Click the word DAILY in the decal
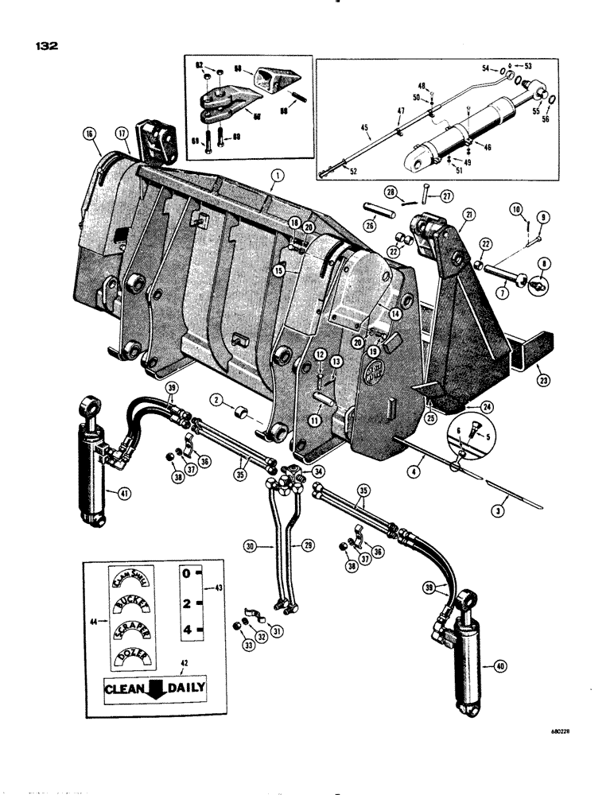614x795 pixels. (183, 688)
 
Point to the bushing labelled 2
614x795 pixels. (242, 415)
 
